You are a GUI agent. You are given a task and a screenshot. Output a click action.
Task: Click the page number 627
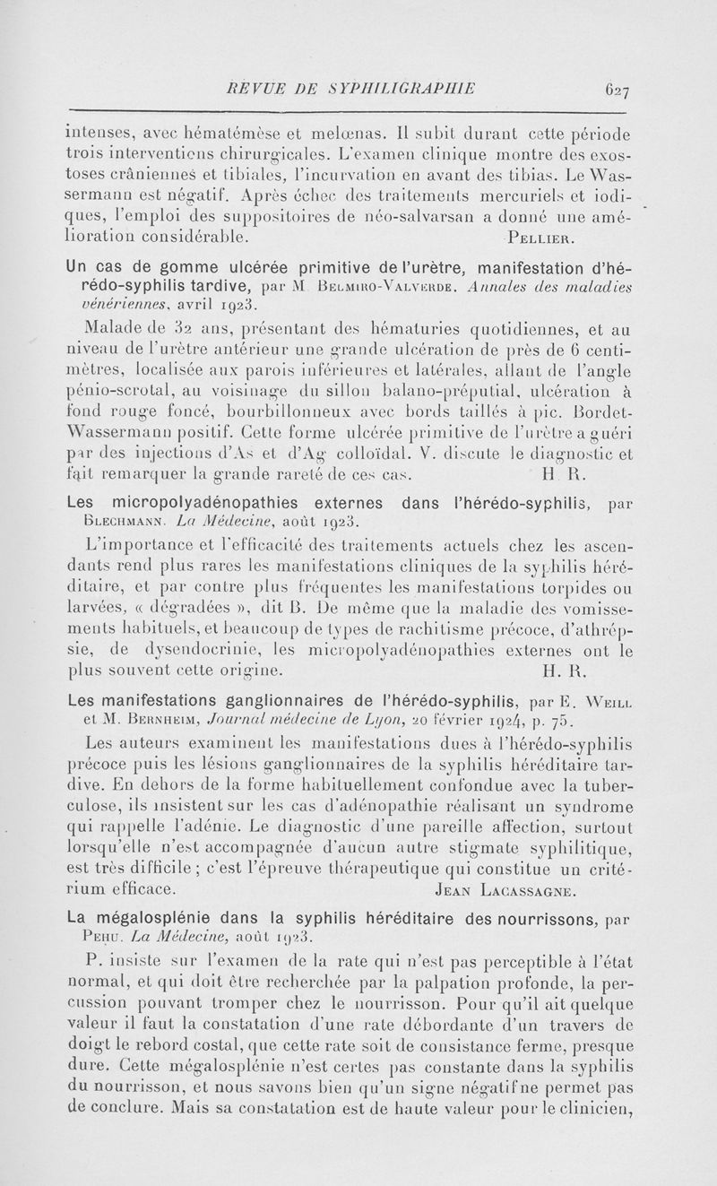(x=619, y=89)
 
